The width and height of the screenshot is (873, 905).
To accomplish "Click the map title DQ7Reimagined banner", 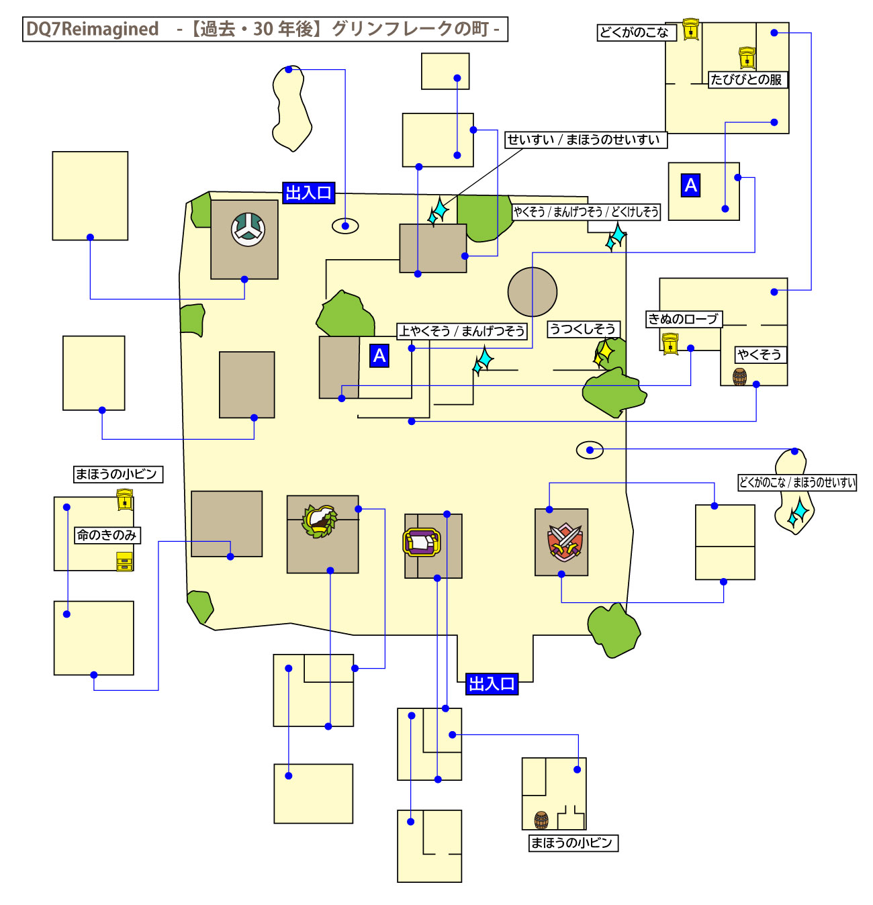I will (x=265, y=30).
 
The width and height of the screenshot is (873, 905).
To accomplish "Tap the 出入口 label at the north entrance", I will (x=308, y=193).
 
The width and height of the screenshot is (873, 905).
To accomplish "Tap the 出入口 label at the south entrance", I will (x=492, y=684).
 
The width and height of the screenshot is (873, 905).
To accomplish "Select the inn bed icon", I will (x=422, y=541).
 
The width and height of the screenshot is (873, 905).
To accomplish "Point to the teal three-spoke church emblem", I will (x=248, y=229).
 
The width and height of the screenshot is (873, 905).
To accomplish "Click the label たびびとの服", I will (x=747, y=80).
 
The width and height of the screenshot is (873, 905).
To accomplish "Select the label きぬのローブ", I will (x=683, y=319).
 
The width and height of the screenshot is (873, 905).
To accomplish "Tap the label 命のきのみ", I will (x=107, y=535).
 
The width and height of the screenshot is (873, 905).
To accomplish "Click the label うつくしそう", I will (x=582, y=329).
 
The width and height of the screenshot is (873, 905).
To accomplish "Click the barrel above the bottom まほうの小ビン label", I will (x=541, y=820).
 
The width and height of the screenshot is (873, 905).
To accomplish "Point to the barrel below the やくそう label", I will (x=739, y=377).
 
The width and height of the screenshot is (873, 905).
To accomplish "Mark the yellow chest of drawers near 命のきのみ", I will (x=125, y=561).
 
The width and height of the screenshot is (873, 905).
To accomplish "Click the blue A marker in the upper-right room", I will (x=691, y=185).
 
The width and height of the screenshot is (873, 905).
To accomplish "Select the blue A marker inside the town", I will (x=379, y=355).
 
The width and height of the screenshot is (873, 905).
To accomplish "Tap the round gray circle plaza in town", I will (x=533, y=292).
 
